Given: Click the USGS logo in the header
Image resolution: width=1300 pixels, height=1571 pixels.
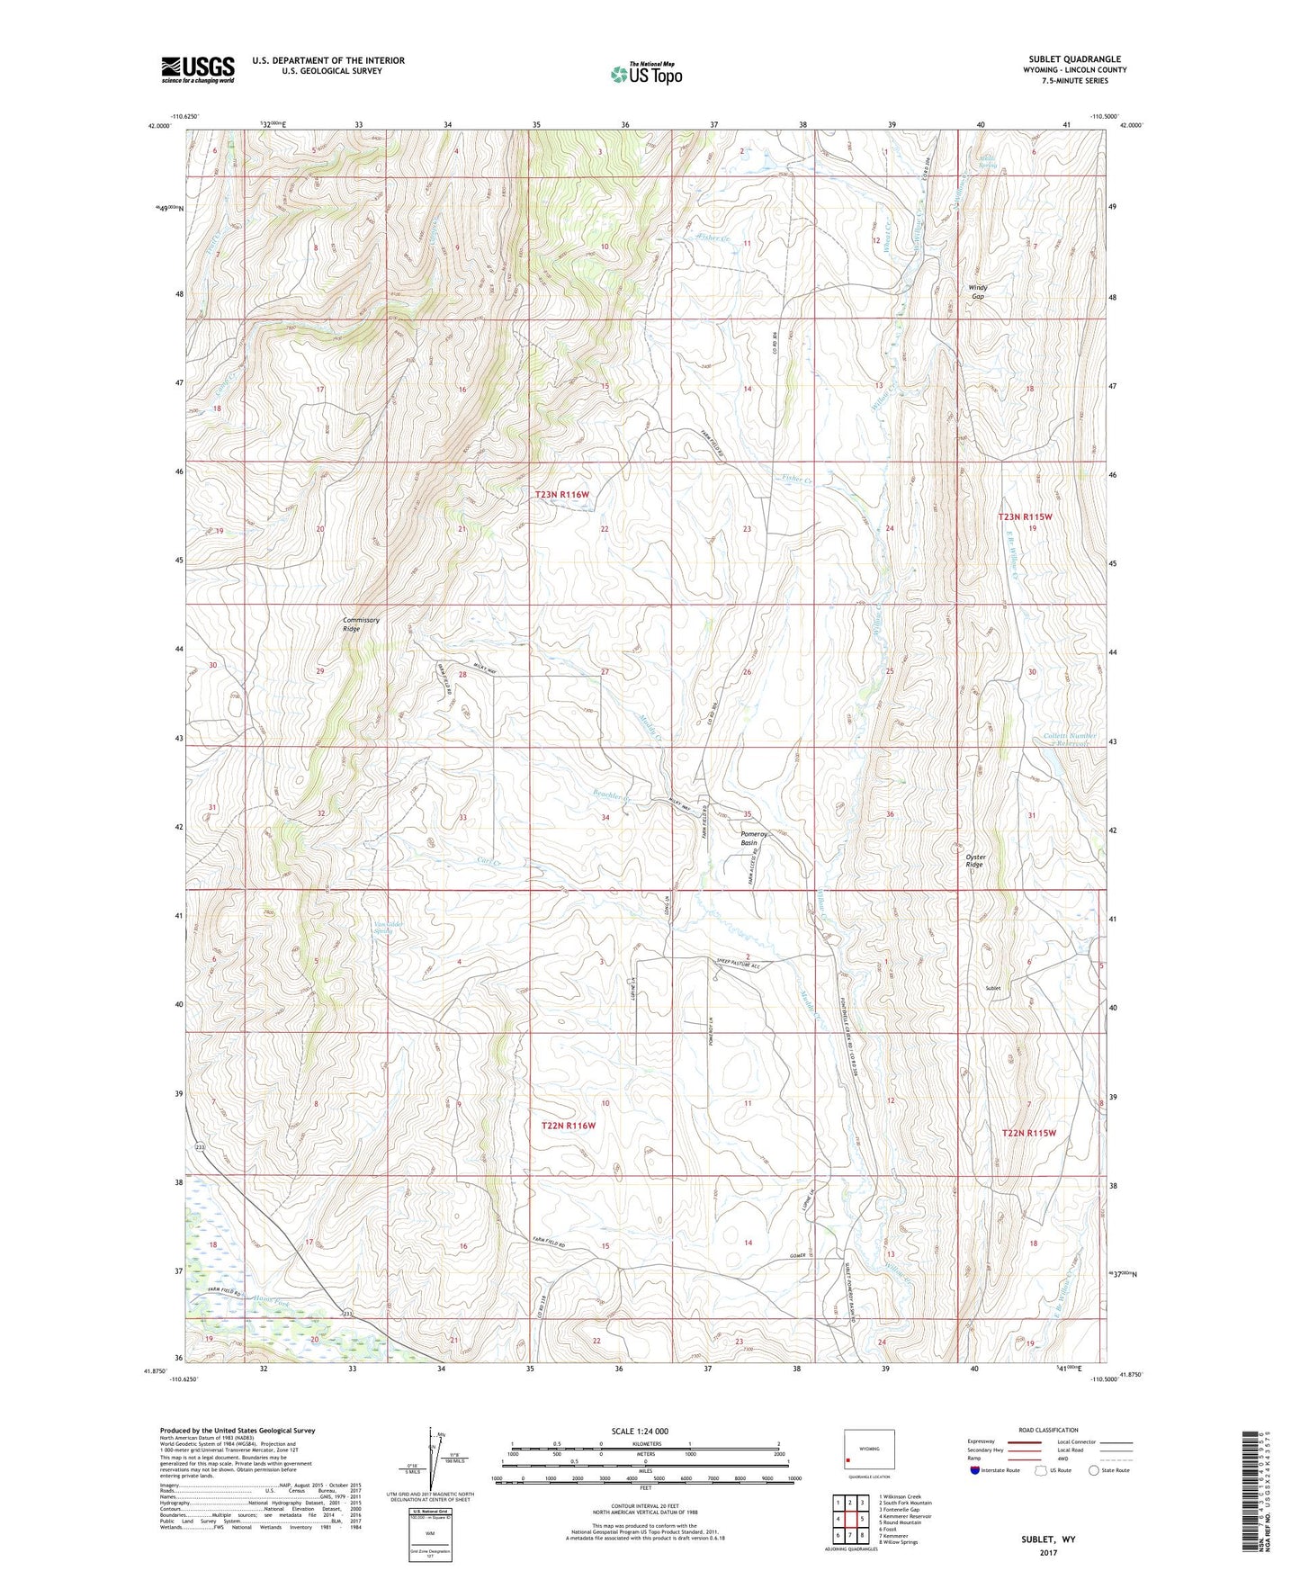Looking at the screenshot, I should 198,68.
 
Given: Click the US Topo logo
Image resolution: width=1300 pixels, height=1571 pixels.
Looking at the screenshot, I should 646,74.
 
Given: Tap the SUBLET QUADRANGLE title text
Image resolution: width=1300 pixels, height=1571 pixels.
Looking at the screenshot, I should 1075,59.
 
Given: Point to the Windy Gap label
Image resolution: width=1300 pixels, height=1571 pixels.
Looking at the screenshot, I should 977,292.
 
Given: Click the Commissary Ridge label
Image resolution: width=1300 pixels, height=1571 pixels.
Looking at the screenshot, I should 361,624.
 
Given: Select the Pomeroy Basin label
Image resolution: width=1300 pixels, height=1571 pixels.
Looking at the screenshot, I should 755,838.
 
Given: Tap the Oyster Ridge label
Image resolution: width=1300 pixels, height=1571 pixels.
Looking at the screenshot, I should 976,861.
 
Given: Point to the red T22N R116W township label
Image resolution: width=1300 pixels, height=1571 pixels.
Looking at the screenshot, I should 569,1126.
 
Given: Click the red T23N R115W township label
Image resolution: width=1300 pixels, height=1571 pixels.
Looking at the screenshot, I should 1025,516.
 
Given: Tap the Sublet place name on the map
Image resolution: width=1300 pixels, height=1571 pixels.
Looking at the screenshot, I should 993,988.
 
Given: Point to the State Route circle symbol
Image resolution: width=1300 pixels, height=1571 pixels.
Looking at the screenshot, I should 1094,1470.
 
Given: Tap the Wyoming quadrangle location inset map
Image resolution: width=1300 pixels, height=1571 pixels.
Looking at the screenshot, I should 868,1450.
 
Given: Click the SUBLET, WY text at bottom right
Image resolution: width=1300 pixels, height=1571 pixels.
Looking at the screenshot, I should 1048,1540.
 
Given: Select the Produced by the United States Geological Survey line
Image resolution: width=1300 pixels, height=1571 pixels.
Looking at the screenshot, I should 238,1430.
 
